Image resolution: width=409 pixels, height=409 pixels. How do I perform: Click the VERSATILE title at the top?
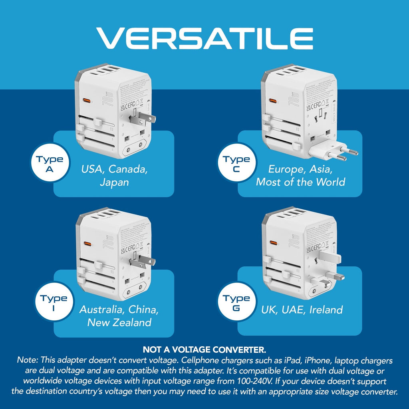(204, 39)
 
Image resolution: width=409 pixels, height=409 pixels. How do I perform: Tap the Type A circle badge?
(50, 164)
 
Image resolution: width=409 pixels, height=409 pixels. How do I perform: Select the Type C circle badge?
(236, 164)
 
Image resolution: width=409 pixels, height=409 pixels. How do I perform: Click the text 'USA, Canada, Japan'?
(115, 175)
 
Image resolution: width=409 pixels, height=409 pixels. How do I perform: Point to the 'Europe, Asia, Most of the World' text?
(300, 175)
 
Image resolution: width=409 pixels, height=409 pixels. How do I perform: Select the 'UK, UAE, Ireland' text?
(302, 310)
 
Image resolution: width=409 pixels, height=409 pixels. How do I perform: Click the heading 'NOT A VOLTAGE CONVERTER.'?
(204, 350)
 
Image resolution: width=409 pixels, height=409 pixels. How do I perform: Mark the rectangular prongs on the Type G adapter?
(330, 266)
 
